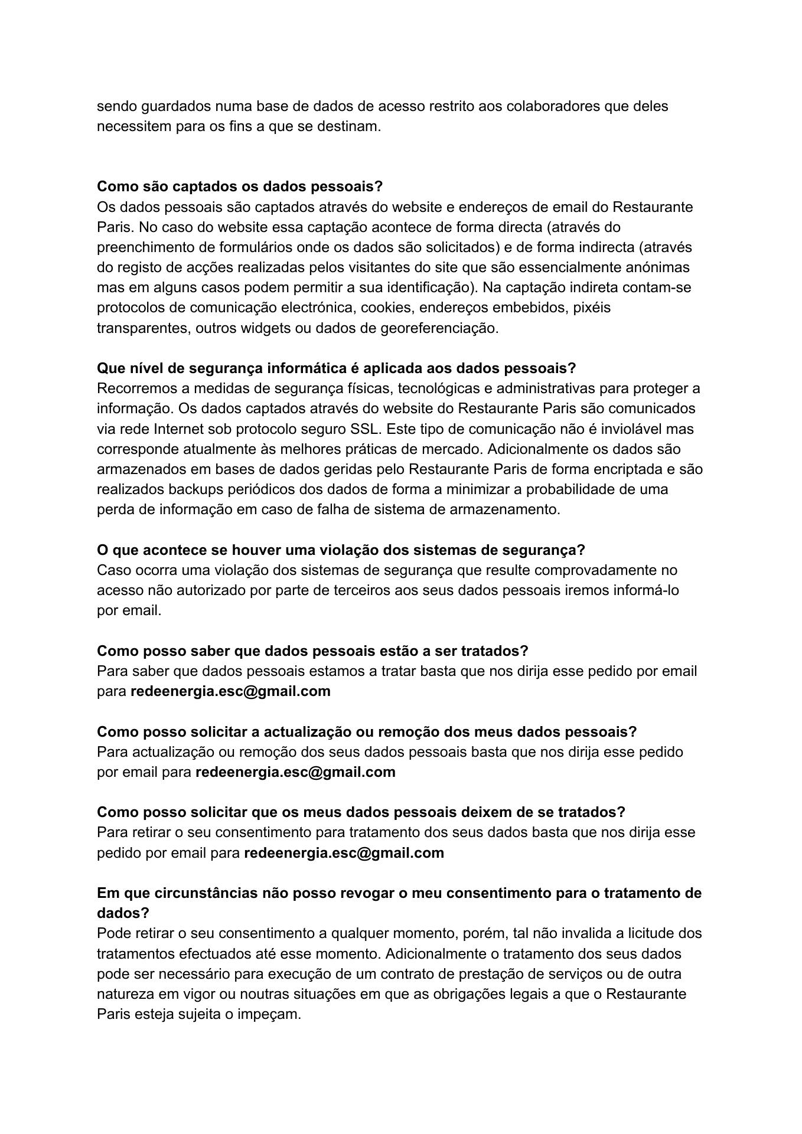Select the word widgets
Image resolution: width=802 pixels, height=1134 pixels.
coord(266,328)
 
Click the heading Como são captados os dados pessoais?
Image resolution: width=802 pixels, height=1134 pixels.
coord(240,187)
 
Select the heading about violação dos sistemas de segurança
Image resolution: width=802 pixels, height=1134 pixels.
coord(341,550)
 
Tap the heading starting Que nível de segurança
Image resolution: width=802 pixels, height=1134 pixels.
coord(336,368)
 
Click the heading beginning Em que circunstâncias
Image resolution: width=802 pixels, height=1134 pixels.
coord(399,893)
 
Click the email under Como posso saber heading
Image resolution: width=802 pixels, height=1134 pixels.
coord(230,691)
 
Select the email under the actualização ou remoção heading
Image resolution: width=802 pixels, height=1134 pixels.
coord(295,772)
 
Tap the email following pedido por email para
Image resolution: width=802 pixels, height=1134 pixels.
coord(344,853)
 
